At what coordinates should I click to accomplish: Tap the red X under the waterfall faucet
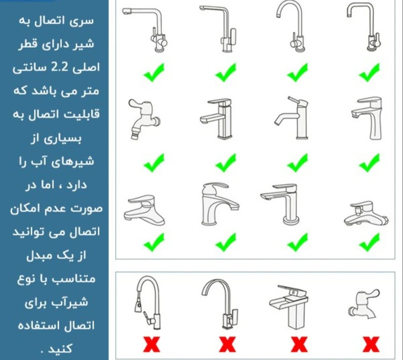(299, 344)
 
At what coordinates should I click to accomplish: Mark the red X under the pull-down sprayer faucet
(152, 344)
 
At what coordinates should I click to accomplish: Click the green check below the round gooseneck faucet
(297, 73)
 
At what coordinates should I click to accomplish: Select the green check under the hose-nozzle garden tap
(154, 163)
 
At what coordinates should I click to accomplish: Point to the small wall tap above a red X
(363, 304)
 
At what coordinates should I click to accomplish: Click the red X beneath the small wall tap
(371, 344)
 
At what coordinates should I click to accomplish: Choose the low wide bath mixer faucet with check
(366, 214)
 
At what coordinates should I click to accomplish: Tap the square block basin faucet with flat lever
(217, 119)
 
